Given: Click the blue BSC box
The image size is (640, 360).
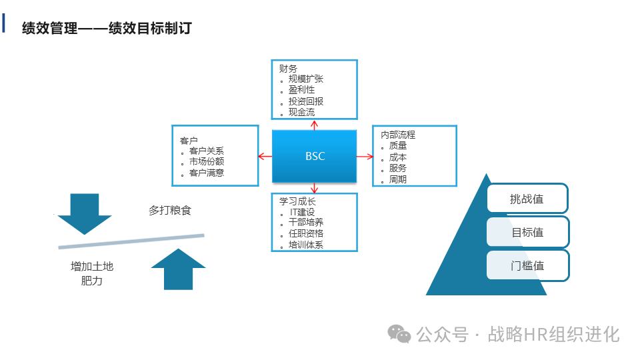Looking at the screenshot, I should click(315, 157).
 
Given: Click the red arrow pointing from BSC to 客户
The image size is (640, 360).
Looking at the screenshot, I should click(265, 157).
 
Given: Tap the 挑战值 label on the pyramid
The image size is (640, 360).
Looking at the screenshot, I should click(527, 199).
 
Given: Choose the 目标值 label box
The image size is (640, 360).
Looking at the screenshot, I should click(527, 232).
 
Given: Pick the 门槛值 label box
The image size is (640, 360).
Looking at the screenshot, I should click(527, 265).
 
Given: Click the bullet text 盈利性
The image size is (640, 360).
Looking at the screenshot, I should click(301, 90).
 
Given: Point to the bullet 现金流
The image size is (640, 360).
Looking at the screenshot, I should click(301, 112).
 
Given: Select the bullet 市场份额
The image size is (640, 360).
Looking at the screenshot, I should click(207, 161).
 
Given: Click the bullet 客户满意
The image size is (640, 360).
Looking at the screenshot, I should click(207, 173).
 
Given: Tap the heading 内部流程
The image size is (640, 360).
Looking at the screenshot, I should click(398, 135).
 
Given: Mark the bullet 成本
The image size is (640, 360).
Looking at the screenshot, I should click(398, 157).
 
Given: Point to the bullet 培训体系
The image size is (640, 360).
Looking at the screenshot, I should click(306, 245).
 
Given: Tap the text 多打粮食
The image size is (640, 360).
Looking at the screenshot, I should click(170, 211).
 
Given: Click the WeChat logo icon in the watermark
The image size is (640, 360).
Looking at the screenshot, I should click(400, 334).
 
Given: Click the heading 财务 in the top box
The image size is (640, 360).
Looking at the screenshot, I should click(288, 68).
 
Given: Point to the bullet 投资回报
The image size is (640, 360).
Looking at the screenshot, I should click(306, 101).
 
